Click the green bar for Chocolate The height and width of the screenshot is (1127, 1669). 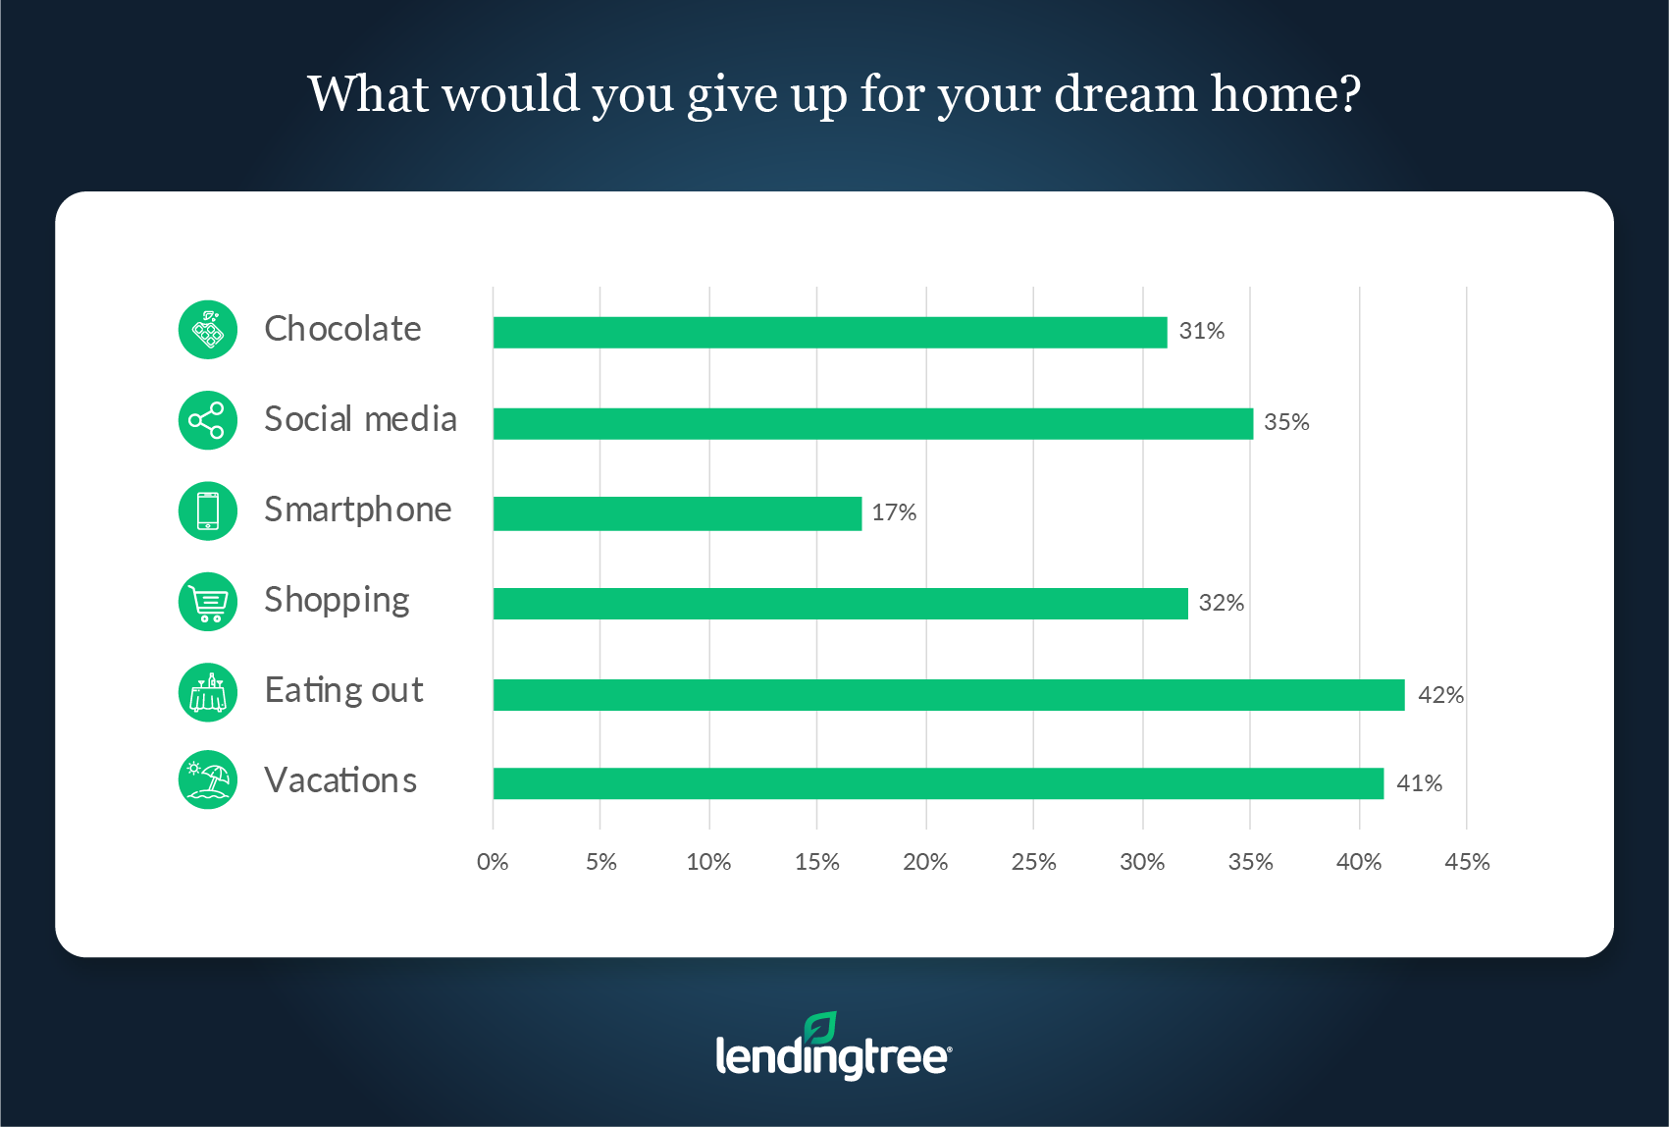(830, 333)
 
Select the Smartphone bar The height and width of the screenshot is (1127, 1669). (677, 513)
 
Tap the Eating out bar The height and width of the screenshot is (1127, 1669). (949, 695)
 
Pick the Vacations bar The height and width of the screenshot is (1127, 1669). (938, 783)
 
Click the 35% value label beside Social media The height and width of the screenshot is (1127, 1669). (1286, 422)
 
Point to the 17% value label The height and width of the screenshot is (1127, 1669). (894, 512)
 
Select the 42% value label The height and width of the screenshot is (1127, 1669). (1441, 695)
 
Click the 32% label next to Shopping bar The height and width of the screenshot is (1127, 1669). (1222, 602)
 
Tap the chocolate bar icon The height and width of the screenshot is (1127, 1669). (208, 330)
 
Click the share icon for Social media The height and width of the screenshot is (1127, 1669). (208, 420)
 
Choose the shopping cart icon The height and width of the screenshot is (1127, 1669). (208, 602)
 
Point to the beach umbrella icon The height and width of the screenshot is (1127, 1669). (208, 779)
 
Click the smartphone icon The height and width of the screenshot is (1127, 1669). (208, 511)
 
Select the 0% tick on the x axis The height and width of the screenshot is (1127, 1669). (493, 862)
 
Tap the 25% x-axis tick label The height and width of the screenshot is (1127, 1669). (1033, 862)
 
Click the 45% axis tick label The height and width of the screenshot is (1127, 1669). (1467, 862)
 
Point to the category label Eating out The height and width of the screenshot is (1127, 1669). (344, 690)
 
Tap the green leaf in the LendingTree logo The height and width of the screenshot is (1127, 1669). (821, 1028)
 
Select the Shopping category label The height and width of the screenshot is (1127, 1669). (337, 601)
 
